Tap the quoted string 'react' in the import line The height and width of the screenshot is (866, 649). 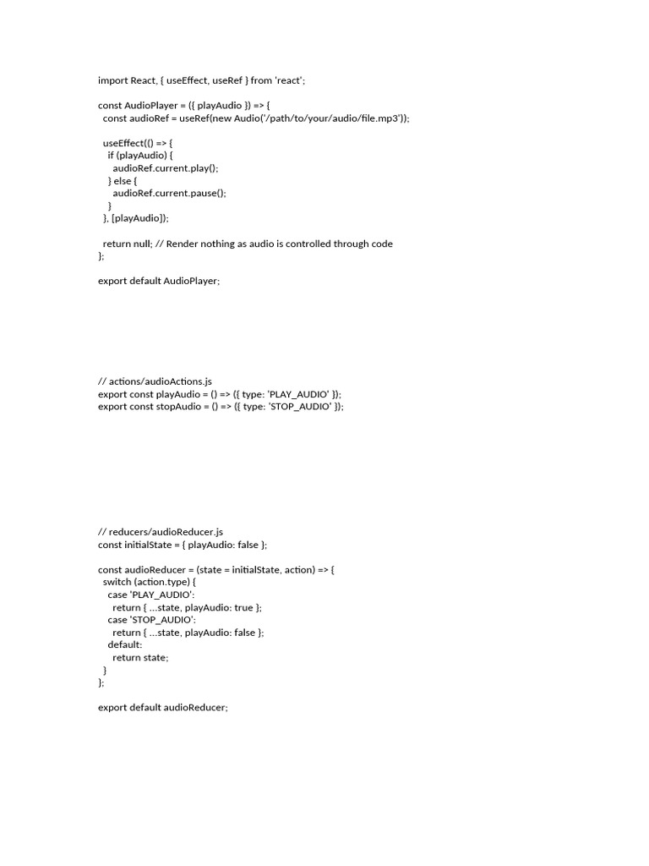[x=288, y=80]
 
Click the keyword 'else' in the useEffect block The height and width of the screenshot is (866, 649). [x=123, y=180]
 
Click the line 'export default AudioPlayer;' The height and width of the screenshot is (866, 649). [x=159, y=281]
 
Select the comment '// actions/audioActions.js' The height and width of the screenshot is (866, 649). [x=155, y=381]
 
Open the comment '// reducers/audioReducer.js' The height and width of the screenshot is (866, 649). [x=161, y=532]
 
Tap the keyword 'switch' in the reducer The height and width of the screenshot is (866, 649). [x=117, y=583]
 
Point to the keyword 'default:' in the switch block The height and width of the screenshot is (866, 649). [x=125, y=644]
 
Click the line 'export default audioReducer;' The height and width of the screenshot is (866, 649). [x=163, y=707]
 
